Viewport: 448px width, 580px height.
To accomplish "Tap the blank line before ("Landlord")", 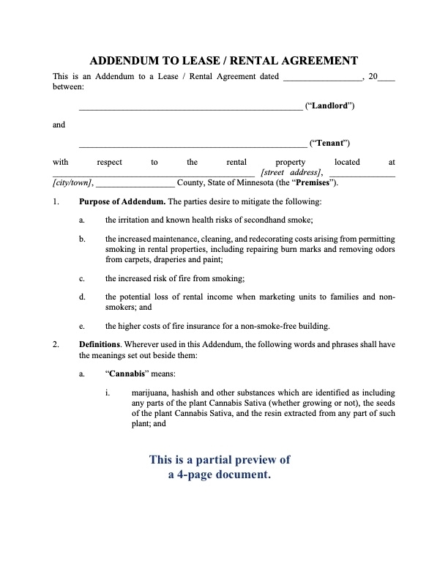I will tap(190, 106).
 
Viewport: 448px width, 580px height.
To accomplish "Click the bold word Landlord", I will tap(333, 105).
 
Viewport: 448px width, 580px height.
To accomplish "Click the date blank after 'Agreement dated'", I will tap(321, 76).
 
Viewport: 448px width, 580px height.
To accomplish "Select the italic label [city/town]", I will tap(72, 182).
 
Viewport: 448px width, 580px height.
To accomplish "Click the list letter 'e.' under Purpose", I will tap(82, 326).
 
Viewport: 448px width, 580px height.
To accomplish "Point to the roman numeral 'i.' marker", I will tap(108, 393).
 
